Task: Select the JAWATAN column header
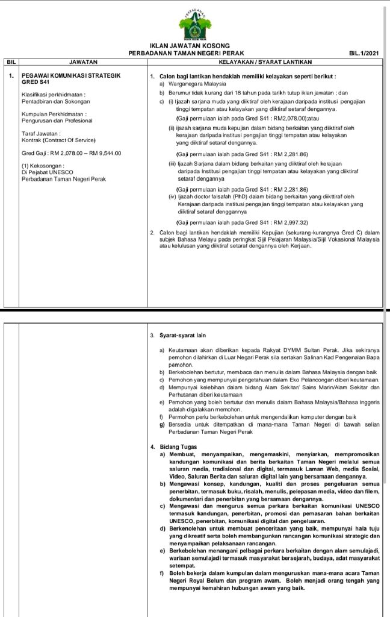(x=82, y=61)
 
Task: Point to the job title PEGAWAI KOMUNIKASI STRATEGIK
(x=71, y=75)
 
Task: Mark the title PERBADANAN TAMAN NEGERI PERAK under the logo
(x=186, y=54)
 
